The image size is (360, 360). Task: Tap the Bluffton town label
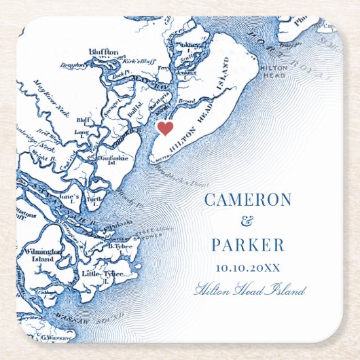click(x=103, y=52)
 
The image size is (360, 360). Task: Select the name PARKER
click(x=247, y=245)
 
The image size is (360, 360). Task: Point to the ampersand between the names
click(x=247, y=222)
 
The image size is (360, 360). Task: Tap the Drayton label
click(x=71, y=65)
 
